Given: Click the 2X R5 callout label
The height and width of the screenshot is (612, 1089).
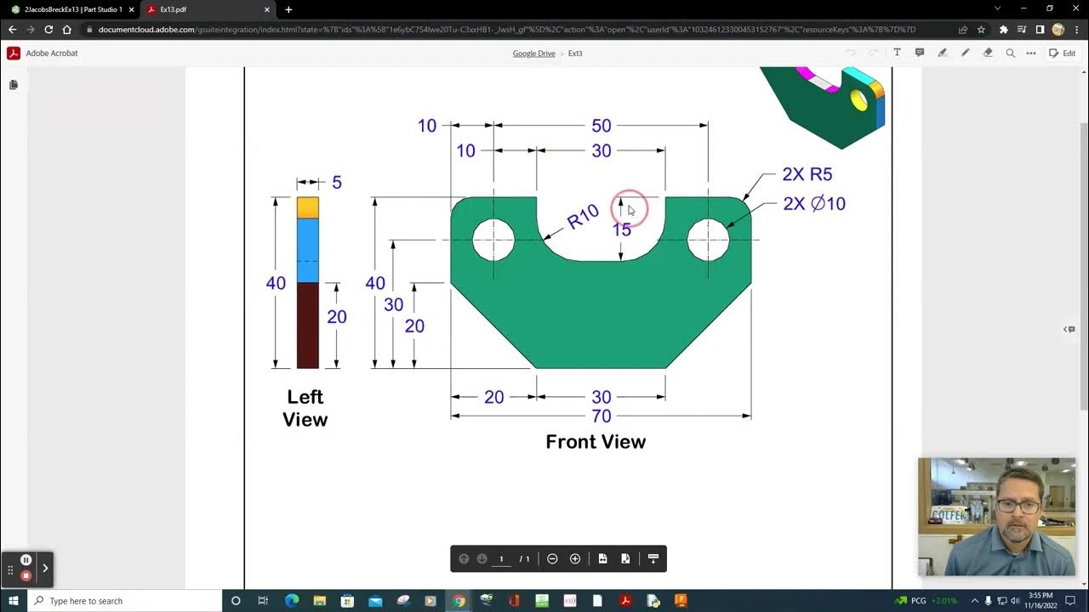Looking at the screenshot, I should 807,174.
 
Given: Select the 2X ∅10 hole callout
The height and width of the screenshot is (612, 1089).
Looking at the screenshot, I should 814,204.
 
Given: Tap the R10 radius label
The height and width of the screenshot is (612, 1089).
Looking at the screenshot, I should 583,218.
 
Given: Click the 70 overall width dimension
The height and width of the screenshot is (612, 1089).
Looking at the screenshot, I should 601,416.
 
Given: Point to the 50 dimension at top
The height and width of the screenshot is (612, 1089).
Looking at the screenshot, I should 601,126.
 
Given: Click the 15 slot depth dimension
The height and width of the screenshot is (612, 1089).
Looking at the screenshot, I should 622,229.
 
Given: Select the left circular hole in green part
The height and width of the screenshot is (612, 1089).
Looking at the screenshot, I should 493,240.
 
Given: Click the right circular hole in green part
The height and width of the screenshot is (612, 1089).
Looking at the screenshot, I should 708,240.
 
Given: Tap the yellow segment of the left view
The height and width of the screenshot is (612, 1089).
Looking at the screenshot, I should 308,208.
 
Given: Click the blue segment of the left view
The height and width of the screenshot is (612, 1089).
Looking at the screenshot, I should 308,251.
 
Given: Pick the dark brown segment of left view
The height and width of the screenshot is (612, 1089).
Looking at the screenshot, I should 308,326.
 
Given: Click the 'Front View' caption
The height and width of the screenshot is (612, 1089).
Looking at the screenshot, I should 596,442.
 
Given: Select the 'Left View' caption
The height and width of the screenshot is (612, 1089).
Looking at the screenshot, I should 305,408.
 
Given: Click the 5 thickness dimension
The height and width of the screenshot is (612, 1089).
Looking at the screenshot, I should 337,183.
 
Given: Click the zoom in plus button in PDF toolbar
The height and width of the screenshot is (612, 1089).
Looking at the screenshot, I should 575,558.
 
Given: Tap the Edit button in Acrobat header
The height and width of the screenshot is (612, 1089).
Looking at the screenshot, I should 1063,53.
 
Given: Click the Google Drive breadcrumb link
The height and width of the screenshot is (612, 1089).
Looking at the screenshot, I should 533,54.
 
